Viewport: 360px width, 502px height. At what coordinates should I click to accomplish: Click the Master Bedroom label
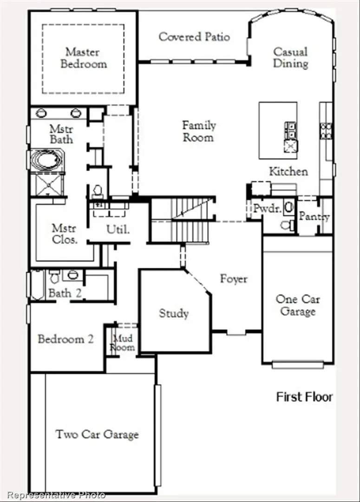click(x=84, y=58)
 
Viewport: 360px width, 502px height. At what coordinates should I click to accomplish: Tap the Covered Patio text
click(x=194, y=37)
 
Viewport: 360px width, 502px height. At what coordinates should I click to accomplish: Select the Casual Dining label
click(x=290, y=58)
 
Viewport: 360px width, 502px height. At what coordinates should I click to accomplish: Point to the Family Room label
click(x=198, y=132)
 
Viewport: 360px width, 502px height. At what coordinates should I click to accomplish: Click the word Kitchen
click(x=288, y=172)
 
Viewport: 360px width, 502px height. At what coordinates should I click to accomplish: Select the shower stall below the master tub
click(x=46, y=185)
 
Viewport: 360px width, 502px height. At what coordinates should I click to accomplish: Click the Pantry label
click(x=314, y=217)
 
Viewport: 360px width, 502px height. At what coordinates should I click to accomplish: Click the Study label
click(x=174, y=313)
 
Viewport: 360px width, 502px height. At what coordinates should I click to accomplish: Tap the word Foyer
click(x=234, y=279)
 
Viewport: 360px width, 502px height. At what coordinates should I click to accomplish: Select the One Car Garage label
click(x=298, y=305)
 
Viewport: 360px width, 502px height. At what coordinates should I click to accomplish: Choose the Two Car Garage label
click(x=97, y=435)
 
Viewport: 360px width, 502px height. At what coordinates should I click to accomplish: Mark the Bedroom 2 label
click(x=65, y=339)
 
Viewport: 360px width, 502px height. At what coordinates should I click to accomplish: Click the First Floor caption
click(x=305, y=397)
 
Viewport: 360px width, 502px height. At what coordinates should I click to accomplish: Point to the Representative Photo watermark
click(x=56, y=495)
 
